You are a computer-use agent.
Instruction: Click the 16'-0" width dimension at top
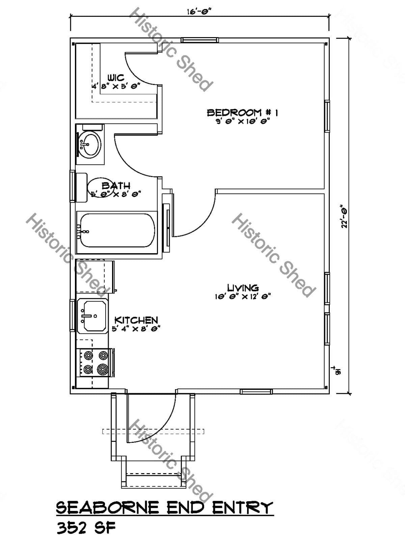point(199,11)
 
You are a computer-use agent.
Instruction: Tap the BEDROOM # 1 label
point(243,113)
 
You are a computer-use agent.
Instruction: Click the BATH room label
point(116,186)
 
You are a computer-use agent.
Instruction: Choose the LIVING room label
point(243,288)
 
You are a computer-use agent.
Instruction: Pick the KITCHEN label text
point(136,320)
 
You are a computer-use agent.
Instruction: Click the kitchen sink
point(92,316)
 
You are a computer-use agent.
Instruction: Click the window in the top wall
point(199,40)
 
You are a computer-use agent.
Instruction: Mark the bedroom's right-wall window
point(327,116)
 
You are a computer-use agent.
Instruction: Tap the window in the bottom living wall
point(255,391)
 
